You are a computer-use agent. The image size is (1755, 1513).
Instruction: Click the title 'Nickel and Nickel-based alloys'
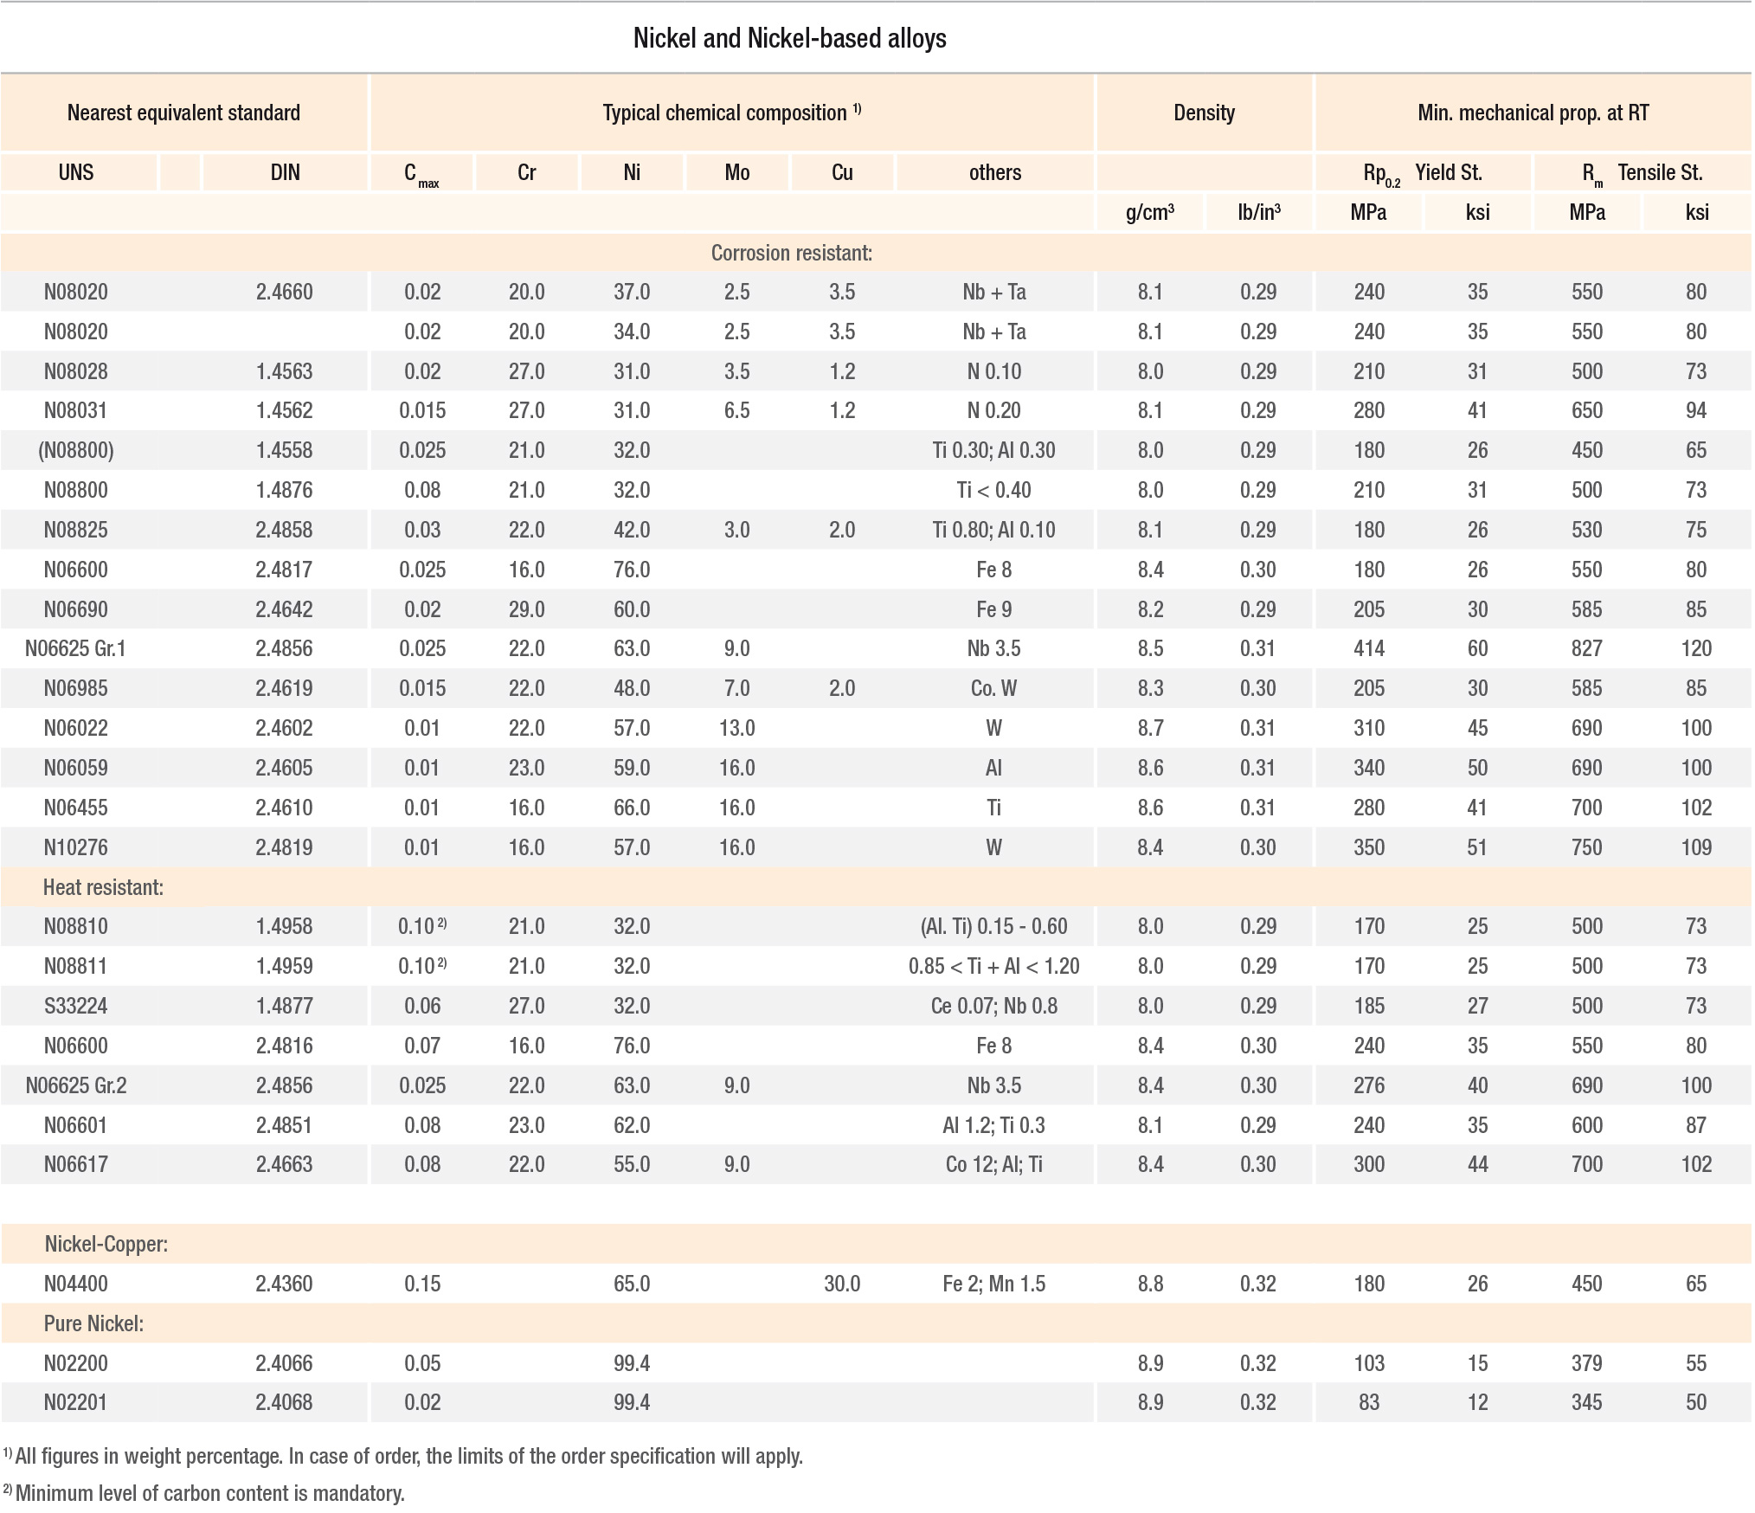[x=789, y=38]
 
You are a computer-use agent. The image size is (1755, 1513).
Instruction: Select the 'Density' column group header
[x=1204, y=113]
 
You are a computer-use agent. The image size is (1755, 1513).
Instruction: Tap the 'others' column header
[x=994, y=172]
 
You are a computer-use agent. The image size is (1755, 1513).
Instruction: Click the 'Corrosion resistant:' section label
[x=791, y=253]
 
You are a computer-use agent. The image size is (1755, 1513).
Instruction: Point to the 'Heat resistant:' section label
[x=103, y=887]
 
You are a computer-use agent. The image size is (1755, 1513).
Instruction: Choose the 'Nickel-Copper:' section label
[x=106, y=1244]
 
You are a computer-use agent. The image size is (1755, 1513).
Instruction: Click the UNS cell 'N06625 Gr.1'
[x=75, y=648]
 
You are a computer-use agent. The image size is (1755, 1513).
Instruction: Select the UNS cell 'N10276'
[x=76, y=847]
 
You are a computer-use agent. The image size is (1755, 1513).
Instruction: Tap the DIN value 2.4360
[x=284, y=1284]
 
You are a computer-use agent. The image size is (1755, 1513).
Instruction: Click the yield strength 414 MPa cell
[x=1369, y=648]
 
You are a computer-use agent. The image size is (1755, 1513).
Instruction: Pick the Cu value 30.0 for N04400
[x=842, y=1284]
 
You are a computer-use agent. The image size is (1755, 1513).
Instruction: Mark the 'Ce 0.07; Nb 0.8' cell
[x=993, y=1006]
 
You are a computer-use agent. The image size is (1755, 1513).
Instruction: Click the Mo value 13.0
[x=736, y=728]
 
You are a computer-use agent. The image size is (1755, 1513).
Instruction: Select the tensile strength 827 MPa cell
[x=1587, y=648]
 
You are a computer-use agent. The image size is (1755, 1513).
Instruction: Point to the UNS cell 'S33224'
[x=76, y=1006]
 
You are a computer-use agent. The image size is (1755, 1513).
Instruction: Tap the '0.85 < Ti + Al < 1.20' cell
[x=993, y=966]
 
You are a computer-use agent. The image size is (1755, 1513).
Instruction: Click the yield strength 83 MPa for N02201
[x=1369, y=1402]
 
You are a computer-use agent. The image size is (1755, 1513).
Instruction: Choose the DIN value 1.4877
[x=284, y=1006]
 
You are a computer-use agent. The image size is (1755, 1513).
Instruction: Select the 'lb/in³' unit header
[x=1258, y=212]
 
